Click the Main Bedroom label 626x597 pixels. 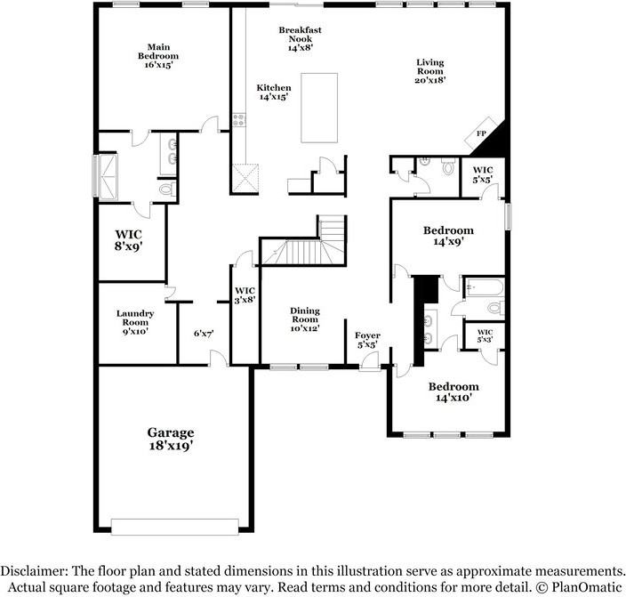click(158, 56)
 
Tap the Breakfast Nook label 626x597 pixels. click(300, 39)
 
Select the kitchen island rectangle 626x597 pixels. click(319, 108)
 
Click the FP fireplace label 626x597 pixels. click(481, 133)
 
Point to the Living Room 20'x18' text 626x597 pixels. click(430, 71)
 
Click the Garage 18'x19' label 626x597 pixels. click(171, 439)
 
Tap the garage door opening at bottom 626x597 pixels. click(175, 527)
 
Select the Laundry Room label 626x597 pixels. click(135, 322)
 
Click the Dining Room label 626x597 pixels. click(305, 319)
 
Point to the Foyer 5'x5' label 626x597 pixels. click(367, 340)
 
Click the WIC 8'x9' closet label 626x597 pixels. click(129, 239)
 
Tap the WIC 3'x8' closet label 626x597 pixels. click(245, 294)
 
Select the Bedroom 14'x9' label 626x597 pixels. click(448, 236)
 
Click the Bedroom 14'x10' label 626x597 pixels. click(453, 392)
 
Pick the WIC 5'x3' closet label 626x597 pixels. click(485, 335)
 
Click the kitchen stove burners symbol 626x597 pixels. click(239, 120)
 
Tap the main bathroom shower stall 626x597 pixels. click(108, 177)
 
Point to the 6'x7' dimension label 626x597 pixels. click(204, 333)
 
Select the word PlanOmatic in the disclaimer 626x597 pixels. click(587, 587)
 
